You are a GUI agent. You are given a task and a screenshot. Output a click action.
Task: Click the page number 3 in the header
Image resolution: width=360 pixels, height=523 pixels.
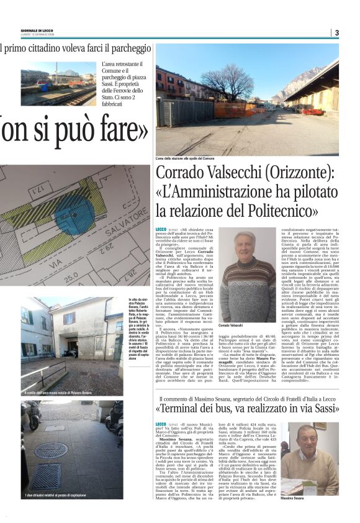[336, 32]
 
